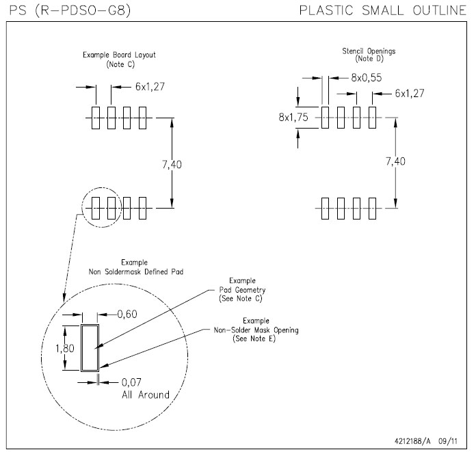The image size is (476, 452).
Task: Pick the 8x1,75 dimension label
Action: pos(293,118)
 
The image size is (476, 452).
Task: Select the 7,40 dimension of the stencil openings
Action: pos(395,161)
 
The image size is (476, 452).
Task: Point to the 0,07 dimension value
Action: pos(134,382)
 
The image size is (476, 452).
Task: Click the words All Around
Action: pos(145,395)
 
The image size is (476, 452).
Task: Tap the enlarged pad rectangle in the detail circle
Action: pos(90,347)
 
